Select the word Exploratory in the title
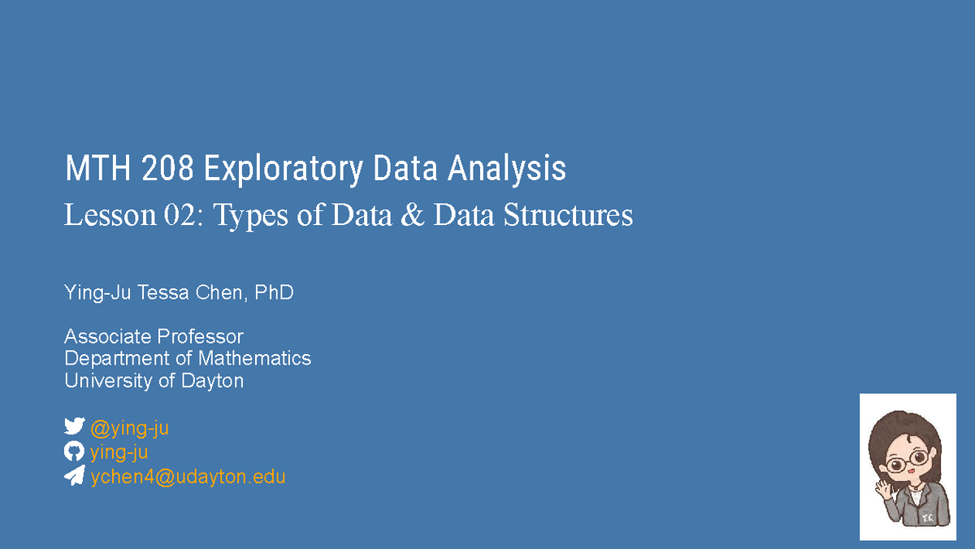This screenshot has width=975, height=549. pos(283,170)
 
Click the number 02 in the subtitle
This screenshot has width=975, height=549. pos(174,216)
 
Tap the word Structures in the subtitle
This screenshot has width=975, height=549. pos(568,216)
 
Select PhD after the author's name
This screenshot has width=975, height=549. pos(274,293)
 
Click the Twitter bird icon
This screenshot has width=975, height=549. pos(74,427)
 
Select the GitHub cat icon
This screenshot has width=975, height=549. pos(74,452)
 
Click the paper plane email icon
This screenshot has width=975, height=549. pos(74,476)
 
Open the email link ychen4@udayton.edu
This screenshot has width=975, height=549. pos(188,477)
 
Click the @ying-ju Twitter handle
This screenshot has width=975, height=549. pos(129,428)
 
